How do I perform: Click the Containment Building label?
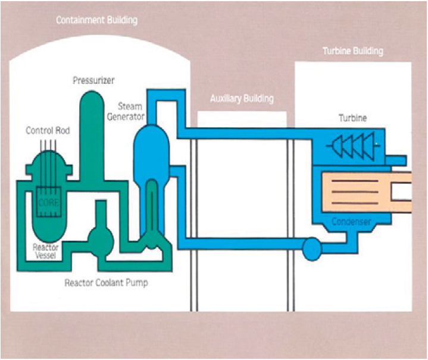coord(96,20)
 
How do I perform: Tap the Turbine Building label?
coord(353,51)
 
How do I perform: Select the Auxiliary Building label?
coord(242,98)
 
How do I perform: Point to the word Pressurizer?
coord(93,80)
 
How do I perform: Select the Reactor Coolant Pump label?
coord(106,283)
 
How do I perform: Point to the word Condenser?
coord(351,222)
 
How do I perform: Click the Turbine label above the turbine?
coord(352,118)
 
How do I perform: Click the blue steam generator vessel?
coord(146,146)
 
